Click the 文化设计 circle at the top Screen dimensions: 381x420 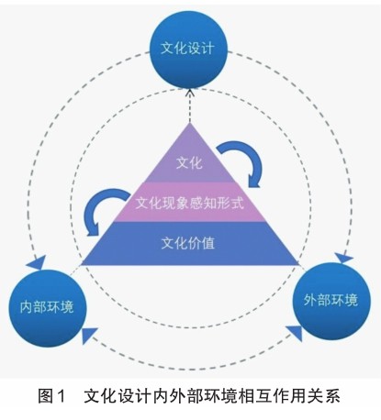tap(188, 50)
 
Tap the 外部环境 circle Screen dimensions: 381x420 tap(331, 301)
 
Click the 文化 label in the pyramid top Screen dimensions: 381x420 tap(190, 162)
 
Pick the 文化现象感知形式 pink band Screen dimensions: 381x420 tap(190, 203)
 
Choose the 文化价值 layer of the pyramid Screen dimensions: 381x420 tap(190, 243)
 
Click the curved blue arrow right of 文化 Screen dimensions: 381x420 tap(241, 162)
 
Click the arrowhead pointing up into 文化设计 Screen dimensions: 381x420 tap(190, 92)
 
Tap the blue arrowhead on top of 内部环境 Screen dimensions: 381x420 tap(38, 263)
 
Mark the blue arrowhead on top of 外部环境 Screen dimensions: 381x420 tap(342, 259)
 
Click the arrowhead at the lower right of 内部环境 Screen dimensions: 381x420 tap(89, 335)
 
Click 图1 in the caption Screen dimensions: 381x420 tap(51, 396)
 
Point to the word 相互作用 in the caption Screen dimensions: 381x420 tap(279, 396)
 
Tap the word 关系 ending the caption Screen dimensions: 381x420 tap(325, 396)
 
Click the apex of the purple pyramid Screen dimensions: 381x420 tap(190, 123)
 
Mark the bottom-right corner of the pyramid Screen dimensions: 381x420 tap(298, 265)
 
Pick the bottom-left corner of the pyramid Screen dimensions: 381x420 tap(82, 265)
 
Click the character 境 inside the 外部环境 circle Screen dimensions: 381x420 tap(352, 300)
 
